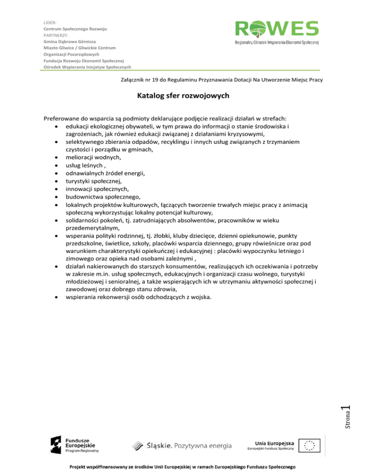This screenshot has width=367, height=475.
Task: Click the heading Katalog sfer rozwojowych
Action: (183, 96)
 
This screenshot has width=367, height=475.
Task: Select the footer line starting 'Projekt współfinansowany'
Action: (183, 466)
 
